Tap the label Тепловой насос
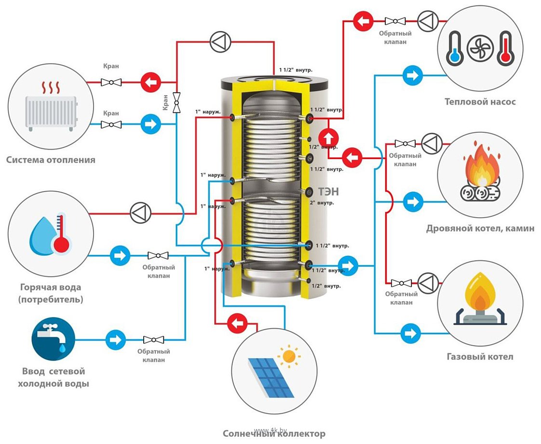pos(480,102)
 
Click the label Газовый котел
pos(480,357)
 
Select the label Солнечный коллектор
pos(274,433)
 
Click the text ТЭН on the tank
pos(328,192)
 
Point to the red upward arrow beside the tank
pos(329,137)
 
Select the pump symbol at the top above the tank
pos(219,42)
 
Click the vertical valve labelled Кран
pos(177,102)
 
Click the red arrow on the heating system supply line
pos(150,82)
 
